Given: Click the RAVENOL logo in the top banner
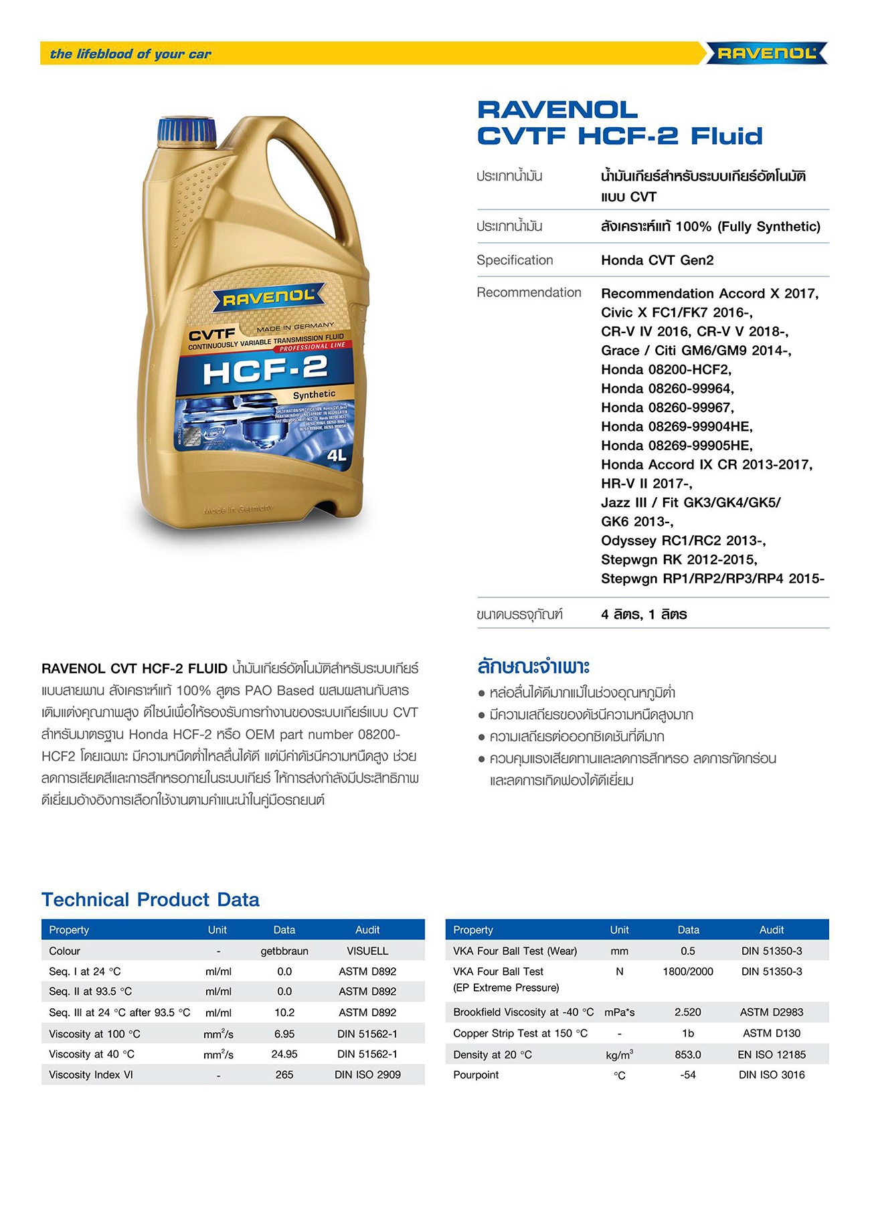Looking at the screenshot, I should (x=767, y=54).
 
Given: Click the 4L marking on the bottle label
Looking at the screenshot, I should (x=337, y=456).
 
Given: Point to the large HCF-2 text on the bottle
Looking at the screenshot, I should (x=265, y=370).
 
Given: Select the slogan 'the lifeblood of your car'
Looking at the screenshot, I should (x=130, y=54).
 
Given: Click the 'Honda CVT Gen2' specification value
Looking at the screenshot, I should (x=657, y=260).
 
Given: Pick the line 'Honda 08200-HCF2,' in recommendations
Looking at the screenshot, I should (x=666, y=369).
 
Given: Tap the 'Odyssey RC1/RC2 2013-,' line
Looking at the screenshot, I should (x=683, y=541).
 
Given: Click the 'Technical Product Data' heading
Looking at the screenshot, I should (x=151, y=899).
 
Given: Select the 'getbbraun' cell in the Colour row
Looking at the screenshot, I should (x=284, y=951).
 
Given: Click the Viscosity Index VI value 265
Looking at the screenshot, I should (x=284, y=1074).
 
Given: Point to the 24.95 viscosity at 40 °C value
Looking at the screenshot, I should (x=284, y=1054).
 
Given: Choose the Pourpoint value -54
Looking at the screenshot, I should (x=688, y=1074).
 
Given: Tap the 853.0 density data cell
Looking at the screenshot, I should (x=688, y=1054).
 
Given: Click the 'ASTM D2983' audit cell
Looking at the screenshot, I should (x=772, y=1012).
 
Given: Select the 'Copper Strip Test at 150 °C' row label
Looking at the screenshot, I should (x=520, y=1033).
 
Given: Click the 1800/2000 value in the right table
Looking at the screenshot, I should (x=688, y=971).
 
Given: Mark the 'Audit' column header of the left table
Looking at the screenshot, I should (x=367, y=930).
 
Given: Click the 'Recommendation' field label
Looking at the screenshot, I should (x=529, y=292).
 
